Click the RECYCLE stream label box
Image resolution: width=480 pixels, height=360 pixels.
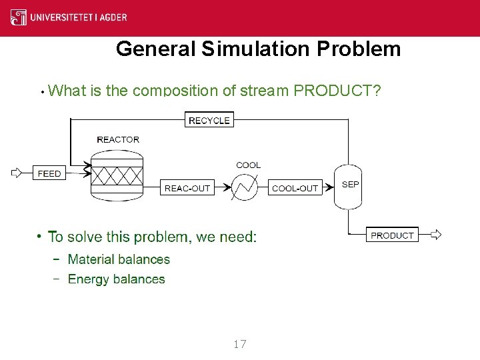[x=209, y=121]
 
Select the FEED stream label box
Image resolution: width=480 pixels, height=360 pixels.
[x=49, y=173]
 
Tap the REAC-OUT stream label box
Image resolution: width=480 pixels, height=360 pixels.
[x=187, y=188]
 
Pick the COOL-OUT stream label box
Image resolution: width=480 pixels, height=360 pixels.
[x=295, y=188]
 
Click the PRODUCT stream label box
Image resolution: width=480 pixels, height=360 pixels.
[x=392, y=235]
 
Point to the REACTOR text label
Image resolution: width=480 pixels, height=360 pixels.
[x=118, y=140]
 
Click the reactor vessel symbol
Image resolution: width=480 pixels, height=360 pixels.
[x=117, y=175]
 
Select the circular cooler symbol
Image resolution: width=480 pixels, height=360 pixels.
[x=245, y=188]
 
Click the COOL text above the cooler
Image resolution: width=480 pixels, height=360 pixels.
[x=249, y=165]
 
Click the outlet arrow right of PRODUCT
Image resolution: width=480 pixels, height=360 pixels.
[x=436, y=235]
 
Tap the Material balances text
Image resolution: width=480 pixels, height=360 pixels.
[x=119, y=259]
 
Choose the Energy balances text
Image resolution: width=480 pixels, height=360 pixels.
[x=116, y=279]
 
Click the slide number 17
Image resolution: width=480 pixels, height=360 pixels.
[x=240, y=344]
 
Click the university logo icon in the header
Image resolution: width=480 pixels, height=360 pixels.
[x=19, y=17]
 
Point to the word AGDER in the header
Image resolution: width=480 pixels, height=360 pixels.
[x=112, y=18]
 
